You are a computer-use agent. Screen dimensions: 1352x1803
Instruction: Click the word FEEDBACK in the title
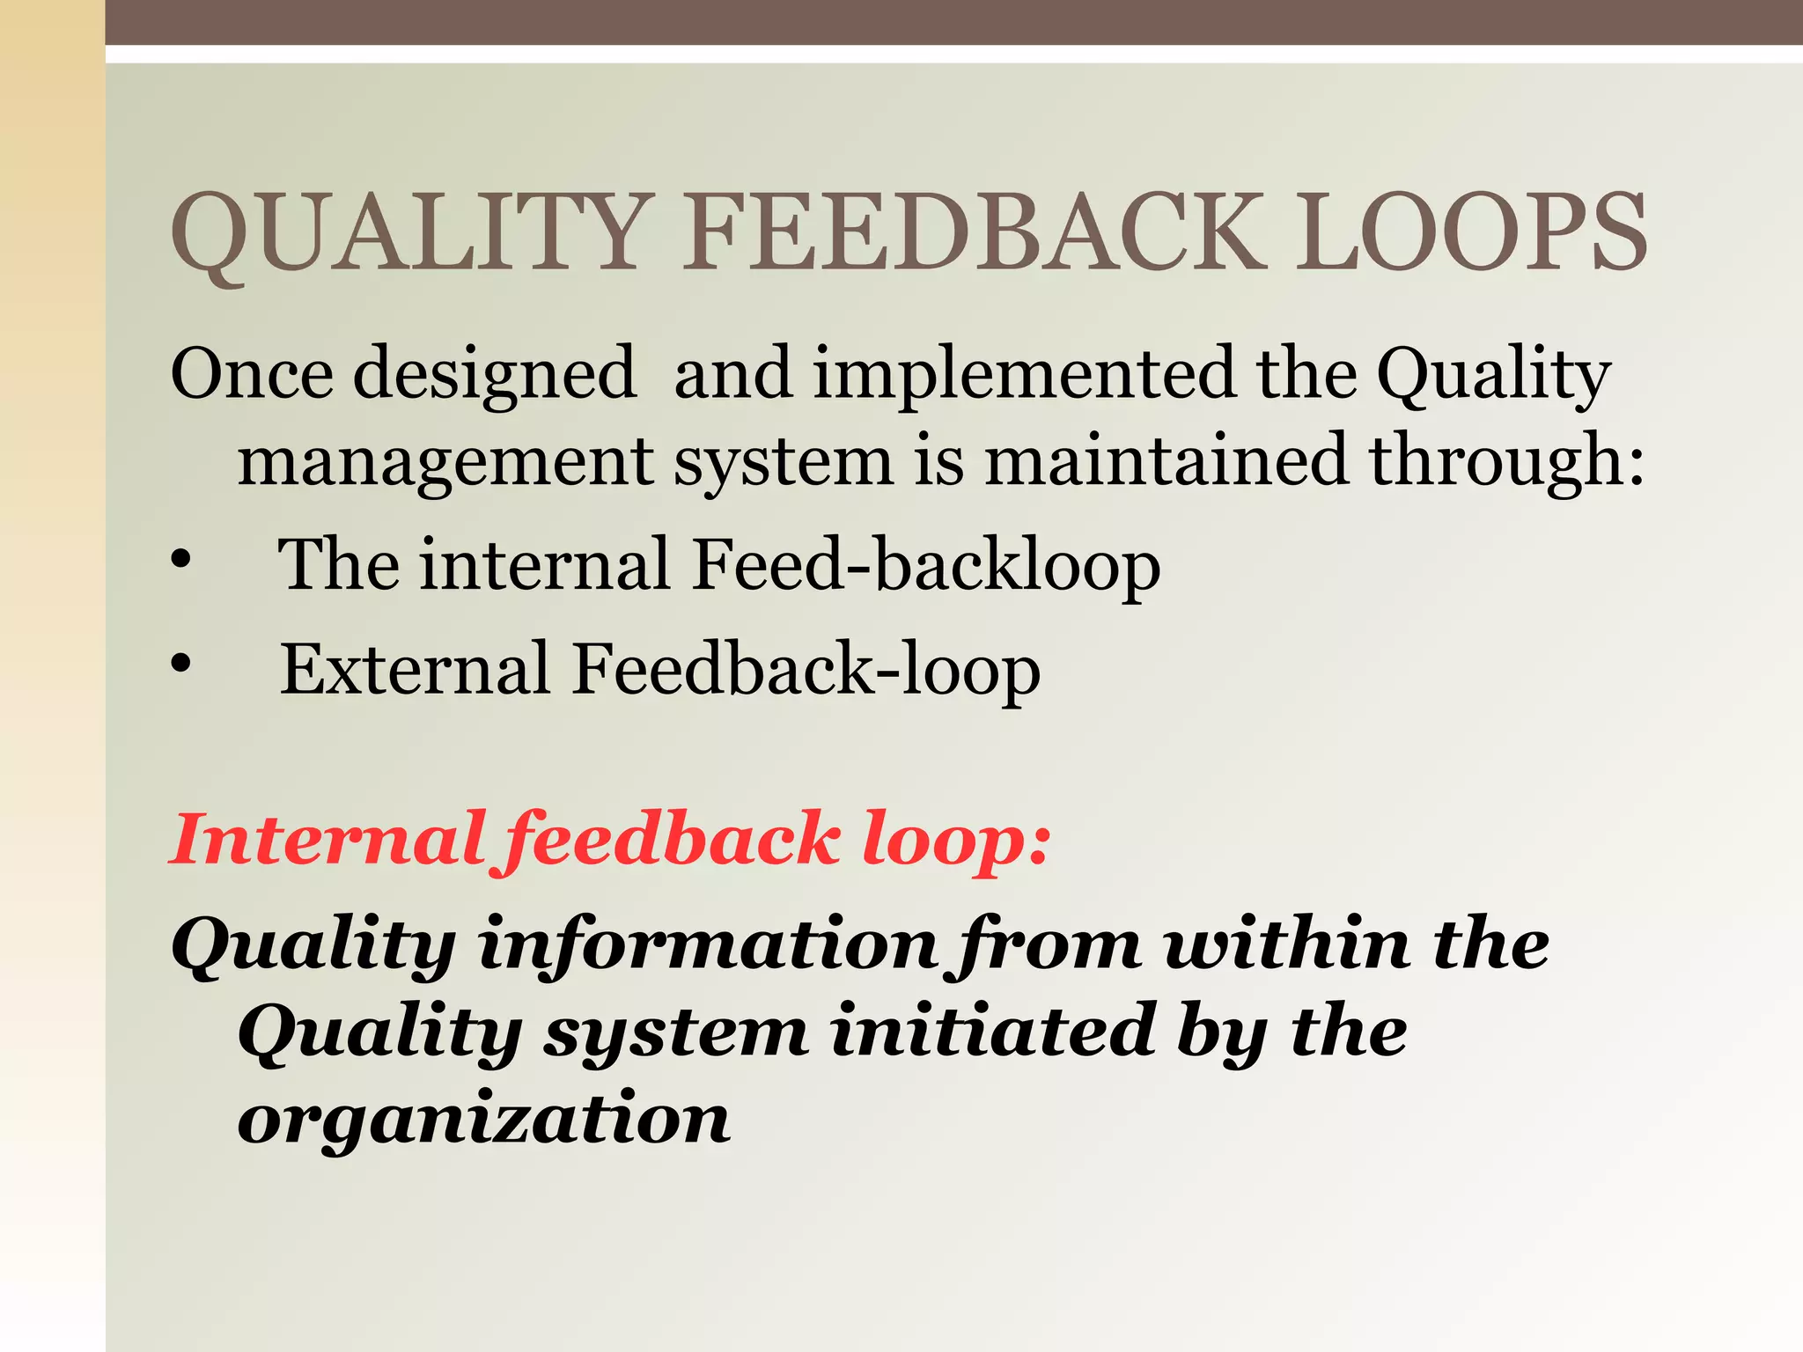tap(975, 232)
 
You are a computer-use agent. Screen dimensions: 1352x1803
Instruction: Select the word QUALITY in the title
tap(408, 232)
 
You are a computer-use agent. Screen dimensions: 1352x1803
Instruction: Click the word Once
tap(252, 374)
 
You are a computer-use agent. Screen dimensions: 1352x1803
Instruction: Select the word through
tap(1505, 461)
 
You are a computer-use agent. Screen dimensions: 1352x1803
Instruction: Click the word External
tap(415, 669)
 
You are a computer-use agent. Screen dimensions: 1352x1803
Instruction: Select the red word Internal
tap(327, 838)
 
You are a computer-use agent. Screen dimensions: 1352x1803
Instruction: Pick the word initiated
tap(992, 1032)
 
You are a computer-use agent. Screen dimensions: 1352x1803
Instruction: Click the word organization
tap(483, 1121)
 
